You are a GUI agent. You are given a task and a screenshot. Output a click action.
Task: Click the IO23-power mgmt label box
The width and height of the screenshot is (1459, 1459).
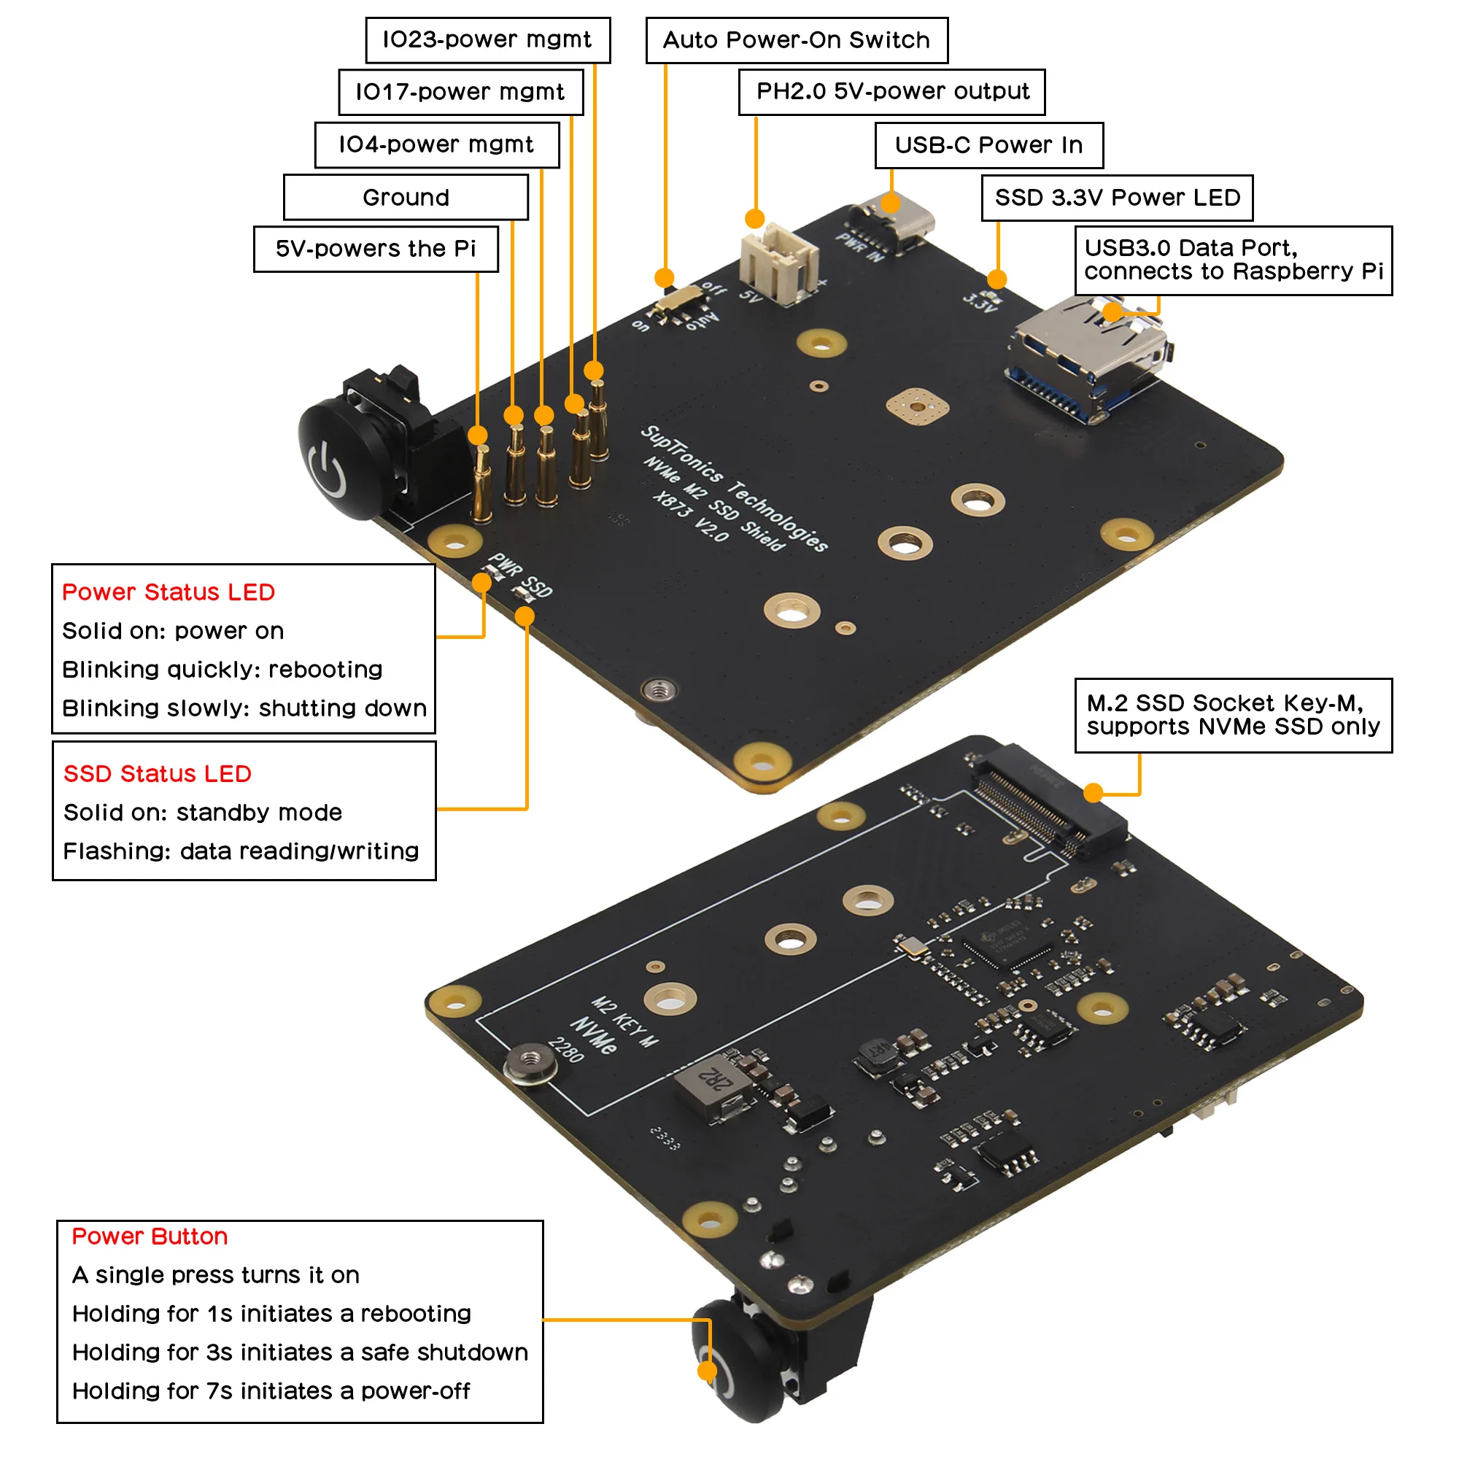click(488, 40)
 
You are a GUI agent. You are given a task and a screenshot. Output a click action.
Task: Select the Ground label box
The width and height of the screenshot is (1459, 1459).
click(406, 198)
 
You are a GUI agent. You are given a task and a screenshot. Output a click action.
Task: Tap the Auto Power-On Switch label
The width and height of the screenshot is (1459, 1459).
click(797, 40)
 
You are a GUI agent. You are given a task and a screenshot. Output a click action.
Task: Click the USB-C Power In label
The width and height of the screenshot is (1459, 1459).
click(988, 145)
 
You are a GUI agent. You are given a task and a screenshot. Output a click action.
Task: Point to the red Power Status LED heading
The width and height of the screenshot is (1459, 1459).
click(169, 592)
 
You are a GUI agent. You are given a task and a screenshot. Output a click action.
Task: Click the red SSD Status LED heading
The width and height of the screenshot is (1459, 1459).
click(157, 774)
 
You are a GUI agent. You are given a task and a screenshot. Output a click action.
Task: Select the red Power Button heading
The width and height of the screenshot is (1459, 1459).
click(150, 1237)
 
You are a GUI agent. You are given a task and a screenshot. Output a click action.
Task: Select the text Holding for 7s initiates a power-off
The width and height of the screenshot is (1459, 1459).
click(271, 1391)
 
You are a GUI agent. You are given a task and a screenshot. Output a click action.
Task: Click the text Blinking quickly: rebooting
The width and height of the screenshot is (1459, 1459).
click(222, 670)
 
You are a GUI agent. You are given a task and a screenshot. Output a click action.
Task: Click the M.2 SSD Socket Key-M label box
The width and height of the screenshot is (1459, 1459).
click(1232, 715)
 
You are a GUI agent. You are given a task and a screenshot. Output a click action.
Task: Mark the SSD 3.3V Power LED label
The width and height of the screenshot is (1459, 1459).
click(1117, 198)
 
